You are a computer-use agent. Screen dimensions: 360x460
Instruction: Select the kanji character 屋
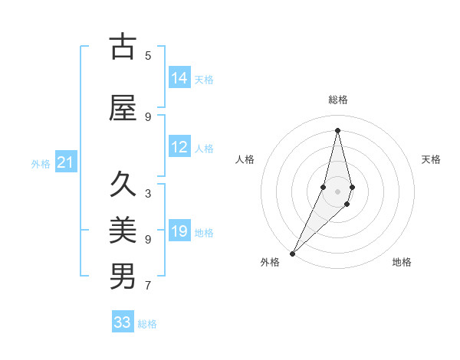[123, 108]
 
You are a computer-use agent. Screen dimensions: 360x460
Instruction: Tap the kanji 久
[123, 185]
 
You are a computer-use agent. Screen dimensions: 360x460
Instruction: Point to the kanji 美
[123, 230]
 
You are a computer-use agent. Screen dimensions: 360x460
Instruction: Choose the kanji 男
[123, 276]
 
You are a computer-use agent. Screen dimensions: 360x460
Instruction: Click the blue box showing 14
[179, 78]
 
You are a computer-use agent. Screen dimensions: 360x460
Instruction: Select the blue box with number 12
[179, 147]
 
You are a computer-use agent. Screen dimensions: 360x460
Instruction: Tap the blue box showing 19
[179, 231]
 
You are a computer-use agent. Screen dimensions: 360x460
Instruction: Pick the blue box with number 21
[65, 162]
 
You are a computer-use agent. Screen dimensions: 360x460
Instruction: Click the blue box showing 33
[123, 322]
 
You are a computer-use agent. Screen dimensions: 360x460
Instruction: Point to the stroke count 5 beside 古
[148, 55]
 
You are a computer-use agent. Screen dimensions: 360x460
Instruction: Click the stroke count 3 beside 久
[148, 193]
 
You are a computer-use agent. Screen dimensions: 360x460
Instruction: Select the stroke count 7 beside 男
[148, 286]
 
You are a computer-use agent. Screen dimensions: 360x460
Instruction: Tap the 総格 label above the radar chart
[337, 100]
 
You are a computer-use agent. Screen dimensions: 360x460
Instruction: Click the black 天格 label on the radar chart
[431, 159]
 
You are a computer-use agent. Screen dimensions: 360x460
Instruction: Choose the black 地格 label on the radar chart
[402, 262]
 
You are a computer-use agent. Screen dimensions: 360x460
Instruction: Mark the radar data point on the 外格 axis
[292, 253]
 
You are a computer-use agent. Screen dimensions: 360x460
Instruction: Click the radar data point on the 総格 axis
[337, 129]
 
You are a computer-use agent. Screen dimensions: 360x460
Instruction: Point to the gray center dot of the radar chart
[337, 191]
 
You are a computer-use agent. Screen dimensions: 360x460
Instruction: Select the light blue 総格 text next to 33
[147, 323]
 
